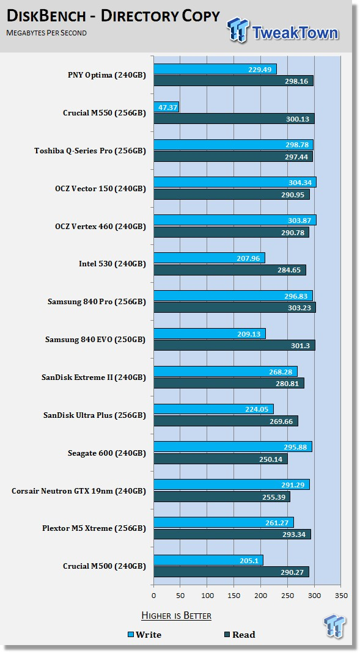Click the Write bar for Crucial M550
pos(166,107)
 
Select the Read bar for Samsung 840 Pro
pos(235,307)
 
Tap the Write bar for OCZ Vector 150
pos(235,182)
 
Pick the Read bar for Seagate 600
pos(221,459)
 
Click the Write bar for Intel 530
pos(209,258)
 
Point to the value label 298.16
pos(296,81)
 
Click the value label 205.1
pos(249,561)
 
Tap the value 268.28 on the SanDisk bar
pos(281,371)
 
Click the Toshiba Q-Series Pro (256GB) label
pos(90,151)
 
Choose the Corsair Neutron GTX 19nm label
pos(62,491)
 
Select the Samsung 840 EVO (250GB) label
pos(95,340)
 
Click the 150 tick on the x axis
pos(234,596)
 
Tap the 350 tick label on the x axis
pos(341,596)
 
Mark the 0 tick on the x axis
pos(154,596)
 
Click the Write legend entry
pos(144,635)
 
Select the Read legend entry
pos(240,635)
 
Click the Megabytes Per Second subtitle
pos(46,32)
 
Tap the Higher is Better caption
pos(176,615)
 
